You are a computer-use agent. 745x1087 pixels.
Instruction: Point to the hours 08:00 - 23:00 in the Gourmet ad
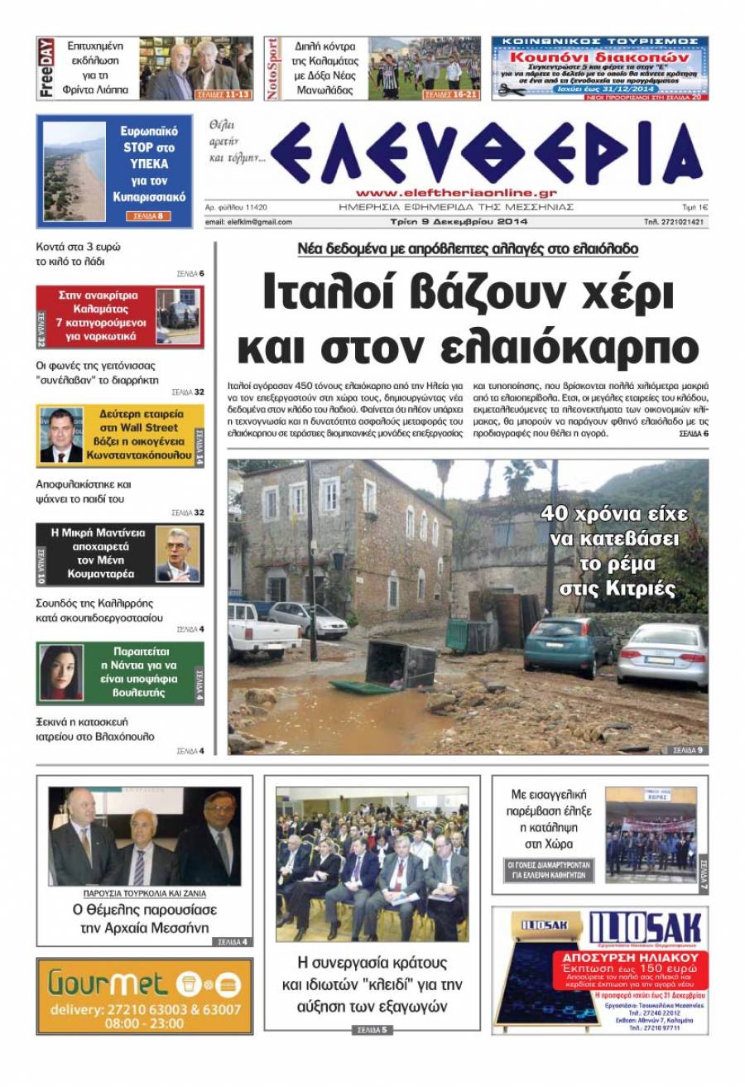click(145, 1023)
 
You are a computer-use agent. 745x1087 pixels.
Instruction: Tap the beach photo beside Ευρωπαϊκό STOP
click(74, 172)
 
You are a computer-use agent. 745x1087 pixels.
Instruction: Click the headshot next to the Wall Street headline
click(62, 435)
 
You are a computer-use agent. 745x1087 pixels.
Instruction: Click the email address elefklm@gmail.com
click(248, 222)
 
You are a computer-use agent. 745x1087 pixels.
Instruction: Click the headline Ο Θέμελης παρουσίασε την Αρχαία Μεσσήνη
click(144, 918)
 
